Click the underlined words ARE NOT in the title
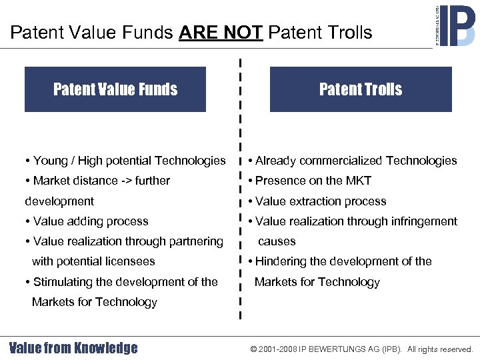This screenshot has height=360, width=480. pyautogui.click(x=220, y=32)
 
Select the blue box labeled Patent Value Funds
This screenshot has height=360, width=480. pyautogui.click(x=115, y=89)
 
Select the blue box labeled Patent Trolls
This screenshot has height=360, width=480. pyautogui.click(x=361, y=89)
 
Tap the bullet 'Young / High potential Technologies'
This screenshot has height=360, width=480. pyautogui.click(x=125, y=161)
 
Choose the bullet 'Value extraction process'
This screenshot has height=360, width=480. pyautogui.click(x=317, y=201)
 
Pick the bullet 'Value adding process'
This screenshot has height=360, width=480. pyautogui.click(x=87, y=221)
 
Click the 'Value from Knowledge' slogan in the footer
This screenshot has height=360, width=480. pyautogui.click(x=73, y=348)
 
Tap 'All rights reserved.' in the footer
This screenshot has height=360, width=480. pyautogui.click(x=440, y=349)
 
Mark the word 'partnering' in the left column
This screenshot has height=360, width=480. pyautogui.click(x=195, y=241)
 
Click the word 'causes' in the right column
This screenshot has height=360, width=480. pyautogui.click(x=277, y=241)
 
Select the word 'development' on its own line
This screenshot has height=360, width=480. pyautogui.click(x=59, y=201)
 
